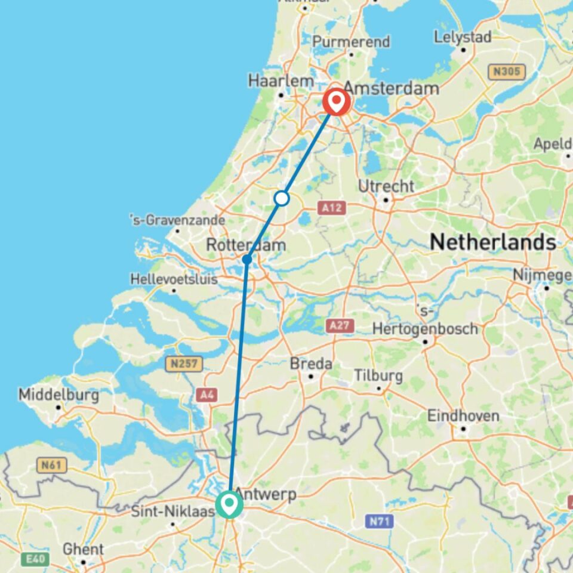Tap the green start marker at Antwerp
tap(229, 504)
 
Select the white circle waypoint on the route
tap(282, 198)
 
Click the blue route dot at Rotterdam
tap(247, 259)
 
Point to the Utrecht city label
tap(386, 186)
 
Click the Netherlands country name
tap(493, 242)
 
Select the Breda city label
tap(311, 363)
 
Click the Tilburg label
tap(378, 376)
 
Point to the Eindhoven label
tap(463, 415)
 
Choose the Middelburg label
tap(58, 395)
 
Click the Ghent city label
tap(83, 549)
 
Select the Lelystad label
tap(463, 36)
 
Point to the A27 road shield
tap(340, 325)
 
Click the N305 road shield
tap(506, 72)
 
